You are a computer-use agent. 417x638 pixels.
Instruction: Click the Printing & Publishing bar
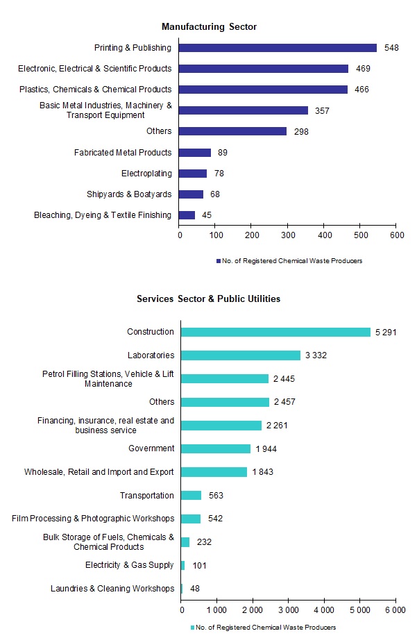tap(278, 48)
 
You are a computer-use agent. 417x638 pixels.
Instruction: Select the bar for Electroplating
tap(193, 174)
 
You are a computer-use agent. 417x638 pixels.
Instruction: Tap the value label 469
tap(361, 69)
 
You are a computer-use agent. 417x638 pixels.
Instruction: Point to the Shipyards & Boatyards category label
tap(128, 194)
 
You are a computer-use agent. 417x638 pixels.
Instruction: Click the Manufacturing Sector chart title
tap(209, 27)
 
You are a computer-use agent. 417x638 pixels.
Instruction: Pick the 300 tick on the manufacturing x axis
tap(287, 236)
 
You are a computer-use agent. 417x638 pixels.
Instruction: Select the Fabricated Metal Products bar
tap(195, 153)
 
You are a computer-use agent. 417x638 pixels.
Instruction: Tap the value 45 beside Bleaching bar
tap(207, 215)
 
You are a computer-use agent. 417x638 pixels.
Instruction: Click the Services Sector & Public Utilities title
tap(208, 299)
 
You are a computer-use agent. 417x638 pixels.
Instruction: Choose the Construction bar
tap(275, 332)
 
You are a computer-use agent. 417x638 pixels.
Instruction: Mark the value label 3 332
tap(315, 355)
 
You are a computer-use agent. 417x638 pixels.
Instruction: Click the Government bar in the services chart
tap(215, 448)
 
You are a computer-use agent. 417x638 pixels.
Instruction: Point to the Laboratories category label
tap(151, 355)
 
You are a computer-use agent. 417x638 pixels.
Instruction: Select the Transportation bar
tap(191, 496)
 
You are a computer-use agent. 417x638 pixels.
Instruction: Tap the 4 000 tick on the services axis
tap(323, 610)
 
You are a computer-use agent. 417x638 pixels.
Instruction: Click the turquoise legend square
tap(193, 628)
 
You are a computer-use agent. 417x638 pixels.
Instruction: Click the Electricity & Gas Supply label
tap(129, 565)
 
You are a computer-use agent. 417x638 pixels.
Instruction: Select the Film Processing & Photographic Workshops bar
tap(190, 519)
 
